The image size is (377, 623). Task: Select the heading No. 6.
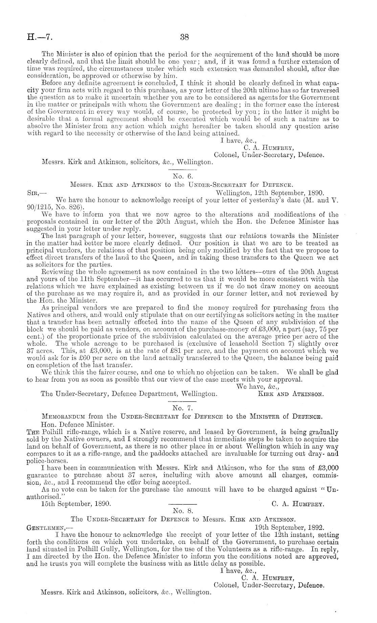click(x=183, y=176)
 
